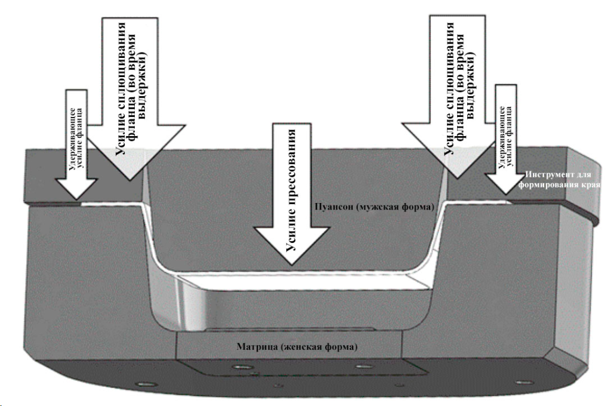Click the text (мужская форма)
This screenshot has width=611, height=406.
(x=393, y=206)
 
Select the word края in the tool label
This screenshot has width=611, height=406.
(x=589, y=184)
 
